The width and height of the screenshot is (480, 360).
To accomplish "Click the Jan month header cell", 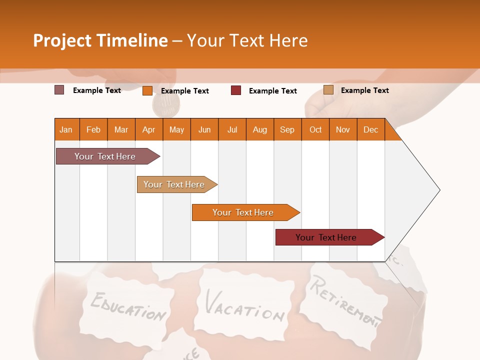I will click(66, 129).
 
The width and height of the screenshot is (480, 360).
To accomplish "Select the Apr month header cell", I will click(148, 129).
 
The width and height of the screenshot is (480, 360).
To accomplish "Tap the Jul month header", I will click(232, 129).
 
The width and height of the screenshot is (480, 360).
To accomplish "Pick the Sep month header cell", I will click(287, 129).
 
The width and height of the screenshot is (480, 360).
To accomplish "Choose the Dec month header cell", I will click(370, 129).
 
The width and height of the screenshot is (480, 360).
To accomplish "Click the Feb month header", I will click(93, 129).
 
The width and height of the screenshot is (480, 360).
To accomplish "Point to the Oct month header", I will click(315, 129).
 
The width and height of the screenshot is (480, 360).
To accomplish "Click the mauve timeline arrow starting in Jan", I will click(105, 156).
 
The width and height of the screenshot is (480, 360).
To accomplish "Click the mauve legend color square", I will click(59, 90).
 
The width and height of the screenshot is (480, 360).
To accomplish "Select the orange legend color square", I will click(147, 90).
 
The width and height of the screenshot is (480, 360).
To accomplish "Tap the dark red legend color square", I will click(236, 90).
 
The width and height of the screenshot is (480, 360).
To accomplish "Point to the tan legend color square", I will click(328, 90).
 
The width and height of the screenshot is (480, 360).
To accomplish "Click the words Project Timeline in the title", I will click(100, 40).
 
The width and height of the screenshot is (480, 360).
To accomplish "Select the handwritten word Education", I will click(128, 306).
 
